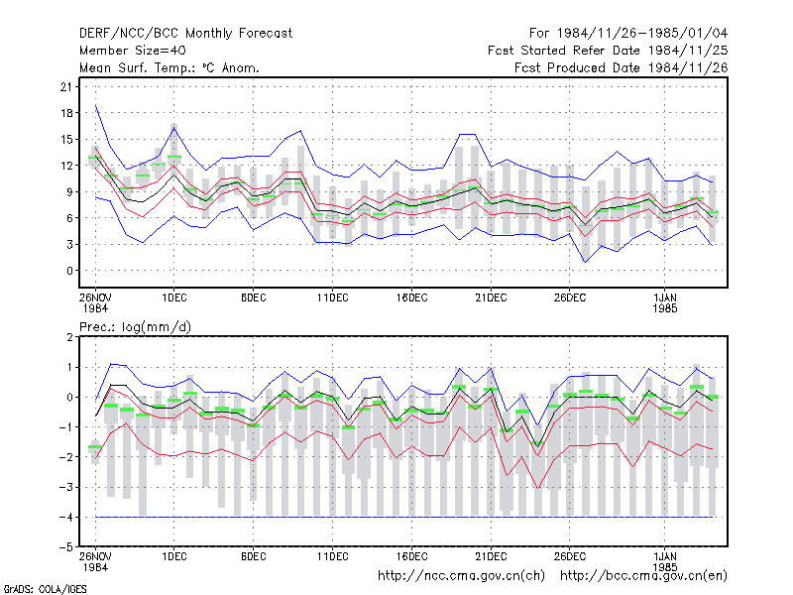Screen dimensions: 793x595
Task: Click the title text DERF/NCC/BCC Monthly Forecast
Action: pyautogui.click(x=185, y=34)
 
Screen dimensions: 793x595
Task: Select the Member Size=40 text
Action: pyautogui.click(x=133, y=51)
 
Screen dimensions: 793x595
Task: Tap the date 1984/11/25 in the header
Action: pyautogui.click(x=687, y=51)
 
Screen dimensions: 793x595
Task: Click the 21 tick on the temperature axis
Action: pyautogui.click(x=66, y=87)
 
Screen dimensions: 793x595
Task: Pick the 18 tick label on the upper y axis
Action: pyautogui.click(x=66, y=113)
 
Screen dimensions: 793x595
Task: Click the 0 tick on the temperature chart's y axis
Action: pyautogui.click(x=69, y=271)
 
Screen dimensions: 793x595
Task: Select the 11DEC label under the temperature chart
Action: pyautogui.click(x=332, y=297)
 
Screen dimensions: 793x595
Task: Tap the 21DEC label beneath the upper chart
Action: pyautogui.click(x=491, y=297)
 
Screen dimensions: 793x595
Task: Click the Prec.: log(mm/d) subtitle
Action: pyautogui.click(x=135, y=327)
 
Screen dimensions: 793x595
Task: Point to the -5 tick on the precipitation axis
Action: pyautogui.click(x=65, y=547)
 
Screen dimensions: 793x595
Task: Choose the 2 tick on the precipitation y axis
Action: pyautogui.click(x=69, y=337)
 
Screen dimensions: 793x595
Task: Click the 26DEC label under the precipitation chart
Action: pyautogui.click(x=569, y=556)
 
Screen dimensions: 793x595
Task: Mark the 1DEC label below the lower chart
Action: pyautogui.click(x=174, y=556)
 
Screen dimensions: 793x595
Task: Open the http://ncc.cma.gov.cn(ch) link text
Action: pyautogui.click(x=461, y=576)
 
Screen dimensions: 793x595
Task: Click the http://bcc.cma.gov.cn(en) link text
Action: pyautogui.click(x=643, y=576)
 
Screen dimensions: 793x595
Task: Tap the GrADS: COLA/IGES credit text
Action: pyautogui.click(x=45, y=589)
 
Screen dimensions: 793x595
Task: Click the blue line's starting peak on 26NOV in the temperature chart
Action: pyautogui.click(x=95, y=105)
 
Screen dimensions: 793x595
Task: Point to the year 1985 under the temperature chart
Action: pyautogui.click(x=664, y=308)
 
